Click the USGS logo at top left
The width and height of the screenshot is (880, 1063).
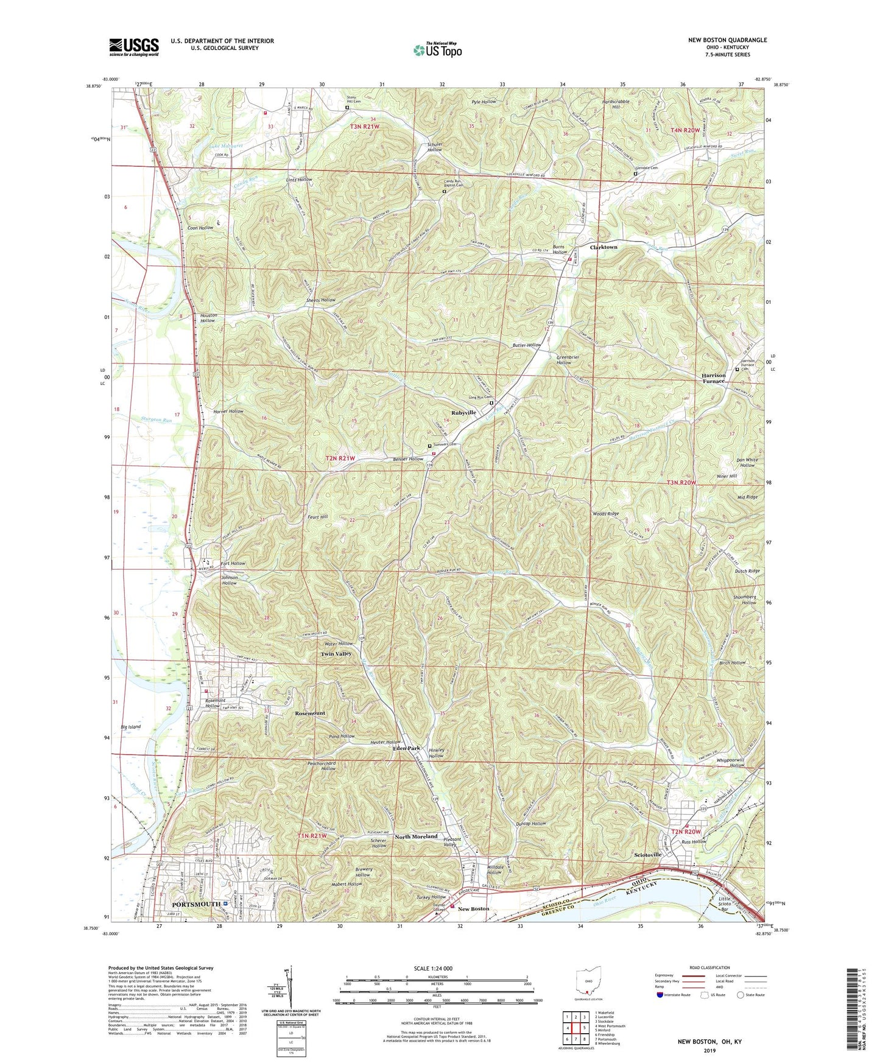coord(134,46)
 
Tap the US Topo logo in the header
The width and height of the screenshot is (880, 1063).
coord(437,50)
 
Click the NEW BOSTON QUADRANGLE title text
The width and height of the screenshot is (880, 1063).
coord(727,40)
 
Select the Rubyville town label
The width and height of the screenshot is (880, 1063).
coord(463,413)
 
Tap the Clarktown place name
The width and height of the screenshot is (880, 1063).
coord(604,247)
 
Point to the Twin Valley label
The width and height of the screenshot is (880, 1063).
coord(336,654)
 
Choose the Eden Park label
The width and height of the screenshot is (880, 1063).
coord(406,748)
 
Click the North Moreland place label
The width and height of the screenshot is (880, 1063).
coord(416,837)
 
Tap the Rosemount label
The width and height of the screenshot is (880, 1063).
coord(310,713)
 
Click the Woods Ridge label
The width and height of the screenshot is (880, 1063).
coord(605,514)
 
